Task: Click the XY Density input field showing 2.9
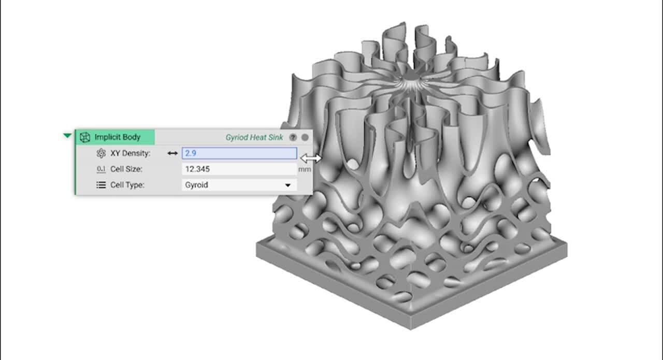(x=239, y=153)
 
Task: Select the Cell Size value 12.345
(x=197, y=169)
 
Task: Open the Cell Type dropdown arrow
(x=287, y=185)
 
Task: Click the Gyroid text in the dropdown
(x=197, y=185)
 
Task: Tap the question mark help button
(x=293, y=137)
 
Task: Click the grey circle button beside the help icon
(x=305, y=137)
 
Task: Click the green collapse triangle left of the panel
(x=67, y=136)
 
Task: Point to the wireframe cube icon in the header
(x=85, y=137)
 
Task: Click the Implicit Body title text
(x=117, y=137)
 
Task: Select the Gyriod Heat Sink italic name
(x=254, y=137)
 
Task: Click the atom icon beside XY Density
(x=101, y=153)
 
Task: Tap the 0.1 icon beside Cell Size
(x=101, y=169)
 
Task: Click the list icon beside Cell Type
(x=101, y=185)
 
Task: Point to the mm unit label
(x=305, y=169)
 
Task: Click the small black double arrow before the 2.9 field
(x=172, y=153)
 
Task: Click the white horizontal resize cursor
(x=310, y=158)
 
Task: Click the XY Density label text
(x=130, y=153)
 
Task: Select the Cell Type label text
(x=127, y=185)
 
